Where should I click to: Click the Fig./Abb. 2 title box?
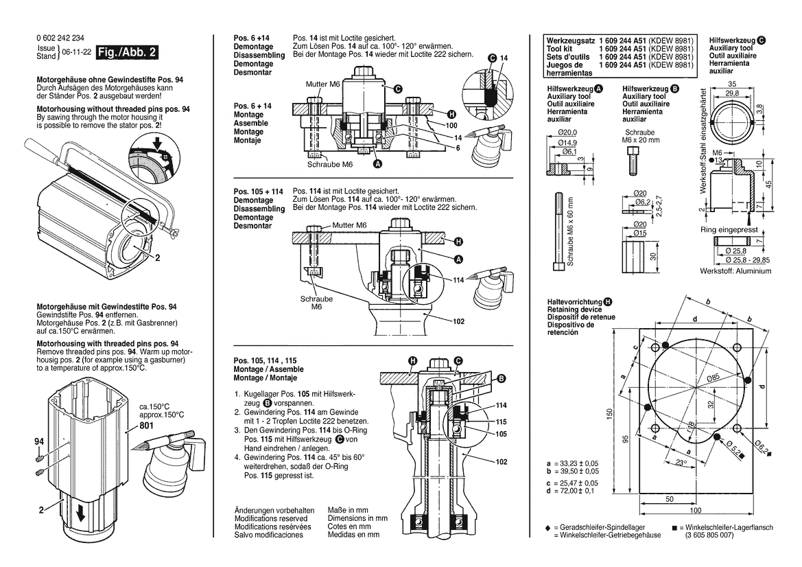click(x=128, y=52)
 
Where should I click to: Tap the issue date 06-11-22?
click(x=76, y=53)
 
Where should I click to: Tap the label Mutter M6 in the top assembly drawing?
click(x=322, y=84)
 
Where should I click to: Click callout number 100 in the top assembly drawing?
click(x=451, y=126)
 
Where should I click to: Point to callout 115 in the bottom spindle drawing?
click(x=502, y=421)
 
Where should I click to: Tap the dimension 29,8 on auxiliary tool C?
click(x=733, y=94)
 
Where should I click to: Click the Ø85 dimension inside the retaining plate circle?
click(x=713, y=378)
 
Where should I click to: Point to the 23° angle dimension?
click(x=680, y=463)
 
